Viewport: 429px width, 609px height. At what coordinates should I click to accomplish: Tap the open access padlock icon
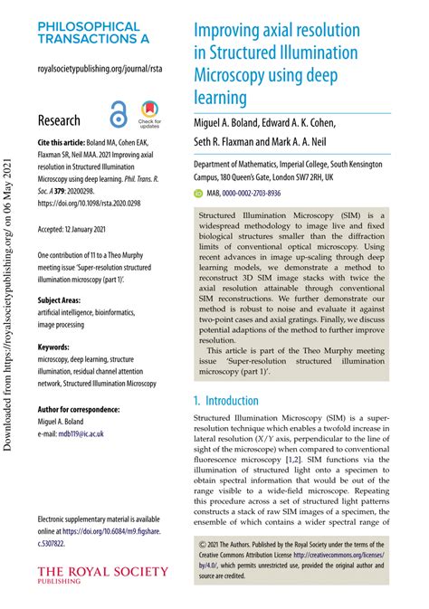119,116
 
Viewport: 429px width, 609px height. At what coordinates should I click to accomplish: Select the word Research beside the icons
59,120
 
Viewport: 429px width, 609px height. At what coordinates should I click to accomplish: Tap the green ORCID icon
198,194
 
